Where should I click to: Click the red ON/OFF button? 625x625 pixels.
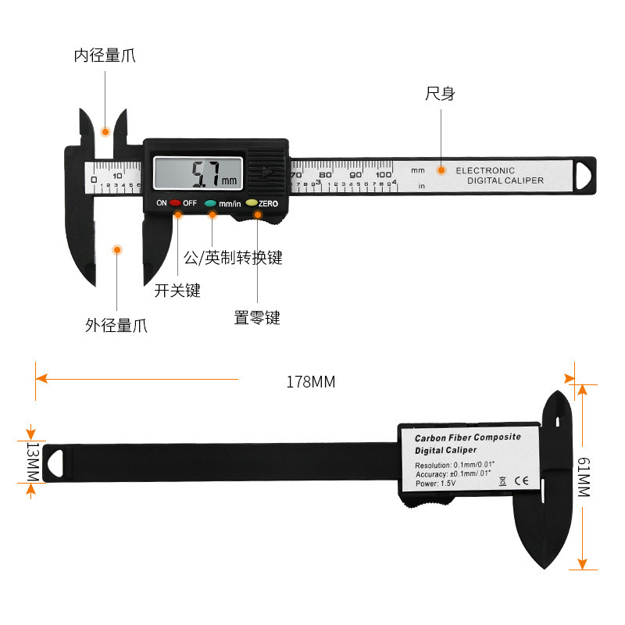pyautogui.click(x=175, y=203)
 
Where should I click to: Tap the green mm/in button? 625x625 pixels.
pyautogui.click(x=211, y=203)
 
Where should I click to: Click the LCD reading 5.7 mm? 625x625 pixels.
pyautogui.click(x=206, y=173)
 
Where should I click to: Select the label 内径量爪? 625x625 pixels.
pyautogui.click(x=105, y=55)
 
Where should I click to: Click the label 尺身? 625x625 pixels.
pyautogui.click(x=440, y=94)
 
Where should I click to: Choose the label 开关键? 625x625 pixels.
pyautogui.click(x=177, y=291)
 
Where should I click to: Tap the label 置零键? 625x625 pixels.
pyautogui.click(x=257, y=318)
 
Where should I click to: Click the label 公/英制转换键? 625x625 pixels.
pyautogui.click(x=232, y=257)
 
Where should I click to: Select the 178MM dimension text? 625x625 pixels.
pyautogui.click(x=310, y=382)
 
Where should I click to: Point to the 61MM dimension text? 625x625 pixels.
pyautogui.click(x=584, y=477)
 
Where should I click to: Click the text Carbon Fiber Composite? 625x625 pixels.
pyautogui.click(x=467, y=437)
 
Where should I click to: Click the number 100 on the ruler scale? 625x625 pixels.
pyautogui.click(x=383, y=174)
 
